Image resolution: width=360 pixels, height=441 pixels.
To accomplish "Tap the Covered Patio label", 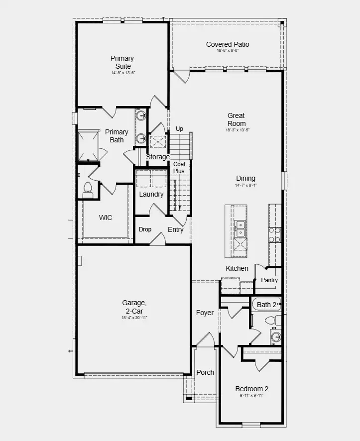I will (x=228, y=45).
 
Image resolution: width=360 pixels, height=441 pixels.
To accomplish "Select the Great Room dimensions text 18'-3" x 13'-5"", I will (x=237, y=130).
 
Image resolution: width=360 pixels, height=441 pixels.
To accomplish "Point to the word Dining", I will (x=245, y=178).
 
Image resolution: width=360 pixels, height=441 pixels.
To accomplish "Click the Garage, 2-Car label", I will (x=134, y=307).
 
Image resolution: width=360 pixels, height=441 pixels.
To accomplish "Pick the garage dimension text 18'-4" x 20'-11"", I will (x=134, y=318).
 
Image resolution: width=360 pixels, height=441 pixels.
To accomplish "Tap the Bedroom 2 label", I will (x=251, y=389).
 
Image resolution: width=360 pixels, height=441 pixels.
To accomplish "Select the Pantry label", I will (x=269, y=280).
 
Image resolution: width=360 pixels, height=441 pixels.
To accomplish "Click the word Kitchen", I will (x=237, y=268).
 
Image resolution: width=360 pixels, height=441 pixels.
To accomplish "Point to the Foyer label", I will (x=205, y=313).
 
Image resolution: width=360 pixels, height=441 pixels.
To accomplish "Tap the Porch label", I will (x=205, y=372).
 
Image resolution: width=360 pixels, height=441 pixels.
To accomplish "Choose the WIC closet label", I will (x=106, y=218).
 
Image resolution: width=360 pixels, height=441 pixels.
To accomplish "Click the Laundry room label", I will (x=151, y=194).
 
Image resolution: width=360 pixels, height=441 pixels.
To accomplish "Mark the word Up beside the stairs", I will (x=179, y=129).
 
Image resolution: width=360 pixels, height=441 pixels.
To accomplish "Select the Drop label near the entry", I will (x=145, y=229).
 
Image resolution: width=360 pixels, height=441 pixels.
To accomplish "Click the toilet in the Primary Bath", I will (x=88, y=188).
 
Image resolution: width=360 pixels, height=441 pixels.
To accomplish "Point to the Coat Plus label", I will (x=179, y=167).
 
